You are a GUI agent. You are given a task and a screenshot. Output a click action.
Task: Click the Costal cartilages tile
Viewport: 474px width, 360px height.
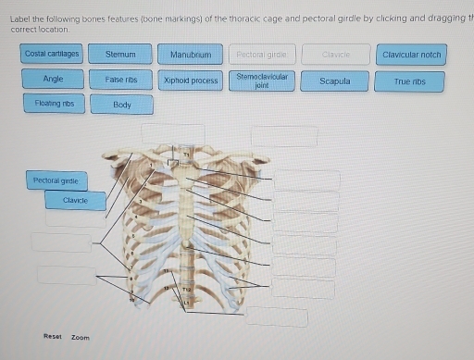[52, 55]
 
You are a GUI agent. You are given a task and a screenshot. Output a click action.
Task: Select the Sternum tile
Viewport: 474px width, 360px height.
[120, 55]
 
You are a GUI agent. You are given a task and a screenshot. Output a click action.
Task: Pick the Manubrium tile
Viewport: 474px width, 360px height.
[191, 55]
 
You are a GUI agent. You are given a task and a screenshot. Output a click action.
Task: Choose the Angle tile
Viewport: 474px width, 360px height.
[53, 80]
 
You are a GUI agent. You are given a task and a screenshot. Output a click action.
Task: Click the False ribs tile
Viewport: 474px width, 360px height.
[120, 80]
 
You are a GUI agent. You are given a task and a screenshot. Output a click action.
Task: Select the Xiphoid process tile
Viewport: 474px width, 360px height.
[191, 81]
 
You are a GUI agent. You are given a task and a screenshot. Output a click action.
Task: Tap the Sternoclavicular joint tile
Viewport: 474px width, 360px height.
[261, 80]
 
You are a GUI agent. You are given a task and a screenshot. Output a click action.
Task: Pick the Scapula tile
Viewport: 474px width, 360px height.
[334, 81]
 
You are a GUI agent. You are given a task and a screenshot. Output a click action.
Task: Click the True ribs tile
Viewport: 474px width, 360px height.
[408, 81]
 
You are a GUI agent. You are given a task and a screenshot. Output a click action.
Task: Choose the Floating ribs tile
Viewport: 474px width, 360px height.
[53, 104]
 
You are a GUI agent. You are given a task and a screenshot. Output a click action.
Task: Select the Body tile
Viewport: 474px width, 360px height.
[121, 105]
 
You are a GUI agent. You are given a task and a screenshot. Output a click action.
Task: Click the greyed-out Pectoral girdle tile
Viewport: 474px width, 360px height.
[261, 55]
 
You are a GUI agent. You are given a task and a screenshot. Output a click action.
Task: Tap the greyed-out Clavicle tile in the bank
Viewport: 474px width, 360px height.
[334, 55]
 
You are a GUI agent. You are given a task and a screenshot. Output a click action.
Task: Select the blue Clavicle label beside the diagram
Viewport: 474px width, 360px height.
[75, 200]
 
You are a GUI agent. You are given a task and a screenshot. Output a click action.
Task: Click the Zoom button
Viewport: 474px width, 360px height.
[81, 337]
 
